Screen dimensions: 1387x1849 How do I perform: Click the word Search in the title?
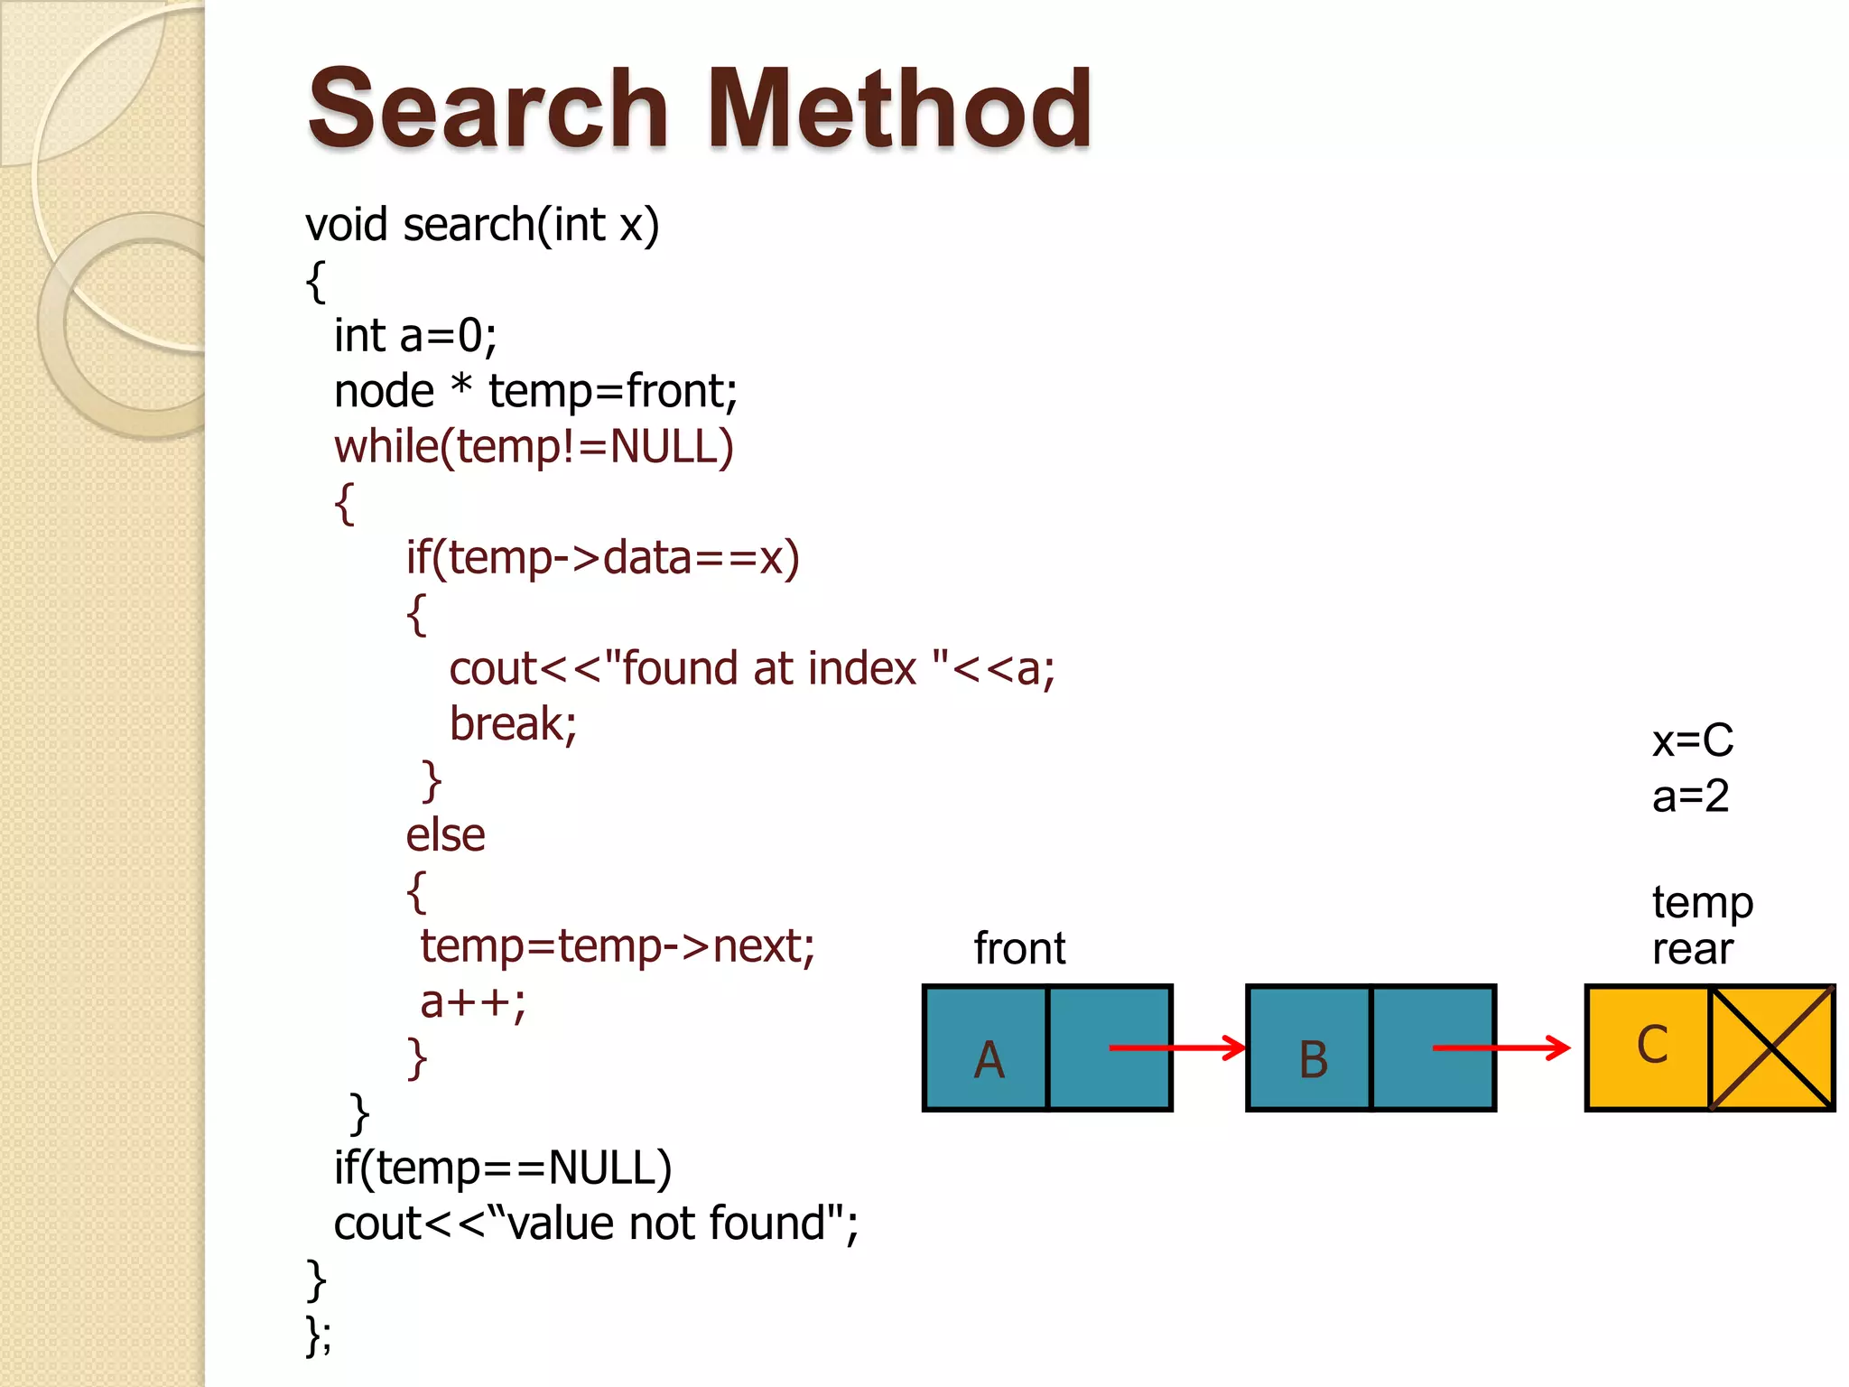click(488, 110)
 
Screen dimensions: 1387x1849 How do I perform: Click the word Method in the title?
click(899, 110)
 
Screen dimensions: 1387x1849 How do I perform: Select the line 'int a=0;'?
click(415, 337)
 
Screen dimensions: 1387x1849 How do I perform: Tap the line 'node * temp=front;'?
click(535, 393)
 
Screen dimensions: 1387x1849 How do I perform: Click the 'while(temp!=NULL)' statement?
click(534, 448)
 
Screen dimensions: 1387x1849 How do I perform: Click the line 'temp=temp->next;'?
click(618, 947)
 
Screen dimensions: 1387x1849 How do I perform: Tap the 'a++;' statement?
click(472, 1002)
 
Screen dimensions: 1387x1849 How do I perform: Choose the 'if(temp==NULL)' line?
click(503, 1169)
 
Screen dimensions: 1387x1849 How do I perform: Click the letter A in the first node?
click(989, 1060)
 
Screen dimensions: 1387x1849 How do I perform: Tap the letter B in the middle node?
click(1313, 1060)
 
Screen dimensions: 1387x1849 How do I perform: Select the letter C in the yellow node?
click(1652, 1046)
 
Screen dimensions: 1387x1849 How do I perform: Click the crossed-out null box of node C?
click(1772, 1047)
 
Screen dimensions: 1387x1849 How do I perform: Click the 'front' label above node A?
click(1019, 949)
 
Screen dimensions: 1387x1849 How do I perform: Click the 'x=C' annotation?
click(1692, 741)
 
